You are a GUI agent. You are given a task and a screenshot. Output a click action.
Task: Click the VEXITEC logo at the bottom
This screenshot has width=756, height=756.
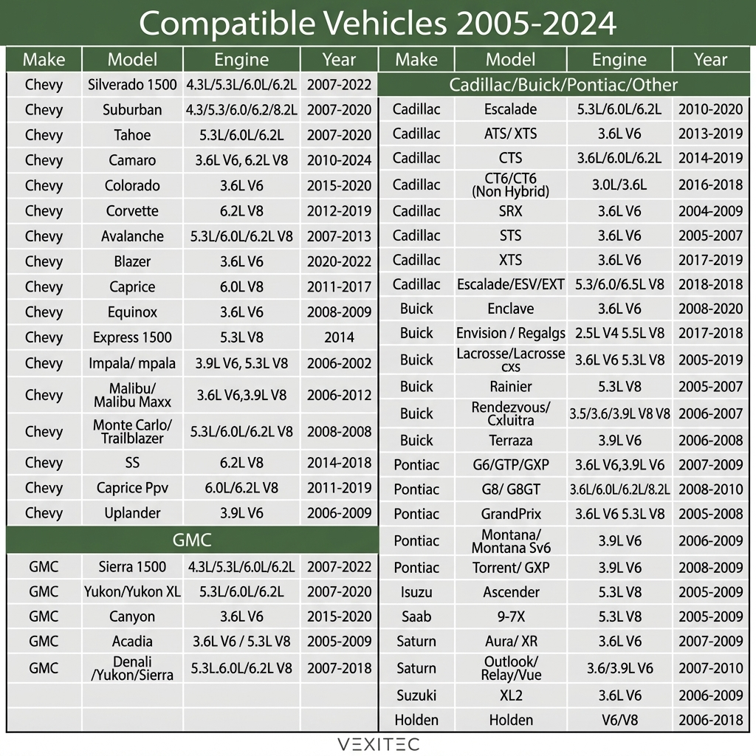tap(377, 743)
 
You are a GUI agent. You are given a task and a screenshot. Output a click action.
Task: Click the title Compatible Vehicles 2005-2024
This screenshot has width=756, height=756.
tap(377, 24)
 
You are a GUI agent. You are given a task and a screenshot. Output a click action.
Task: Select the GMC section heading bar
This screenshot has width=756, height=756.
tap(192, 540)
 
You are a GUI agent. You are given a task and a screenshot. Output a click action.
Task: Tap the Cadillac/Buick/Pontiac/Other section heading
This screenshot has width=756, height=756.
tap(563, 85)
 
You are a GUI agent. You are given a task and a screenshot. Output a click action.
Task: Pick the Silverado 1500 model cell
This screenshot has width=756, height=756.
tap(132, 85)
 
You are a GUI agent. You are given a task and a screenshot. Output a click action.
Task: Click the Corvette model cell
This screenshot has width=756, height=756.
tap(132, 211)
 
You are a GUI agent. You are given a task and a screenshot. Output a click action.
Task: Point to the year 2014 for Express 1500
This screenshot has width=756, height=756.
tap(339, 337)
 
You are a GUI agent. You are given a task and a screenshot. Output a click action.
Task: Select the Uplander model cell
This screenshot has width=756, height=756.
tap(132, 513)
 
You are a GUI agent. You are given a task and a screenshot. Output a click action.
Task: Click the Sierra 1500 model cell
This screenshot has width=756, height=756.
tap(132, 567)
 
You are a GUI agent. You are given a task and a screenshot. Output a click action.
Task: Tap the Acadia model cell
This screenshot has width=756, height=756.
tap(132, 641)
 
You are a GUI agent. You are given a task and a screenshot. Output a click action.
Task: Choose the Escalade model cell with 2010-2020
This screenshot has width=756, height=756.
tap(510, 109)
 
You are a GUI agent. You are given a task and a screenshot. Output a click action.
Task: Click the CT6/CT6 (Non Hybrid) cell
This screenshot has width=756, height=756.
tap(510, 185)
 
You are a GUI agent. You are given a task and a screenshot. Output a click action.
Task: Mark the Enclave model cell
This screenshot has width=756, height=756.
tap(510, 309)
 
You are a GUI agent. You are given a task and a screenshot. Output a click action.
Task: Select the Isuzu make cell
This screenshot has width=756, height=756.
tap(416, 592)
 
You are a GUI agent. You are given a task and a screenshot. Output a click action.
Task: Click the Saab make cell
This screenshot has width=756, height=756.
tap(416, 616)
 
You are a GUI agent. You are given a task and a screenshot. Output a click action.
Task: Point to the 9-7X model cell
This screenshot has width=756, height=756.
tap(510, 616)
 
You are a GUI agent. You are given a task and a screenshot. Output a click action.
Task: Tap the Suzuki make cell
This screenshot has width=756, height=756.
tap(416, 695)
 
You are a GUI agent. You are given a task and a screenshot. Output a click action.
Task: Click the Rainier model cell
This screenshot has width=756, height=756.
tap(510, 386)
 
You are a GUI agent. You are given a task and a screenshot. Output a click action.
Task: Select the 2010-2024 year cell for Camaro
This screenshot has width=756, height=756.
tap(339, 160)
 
